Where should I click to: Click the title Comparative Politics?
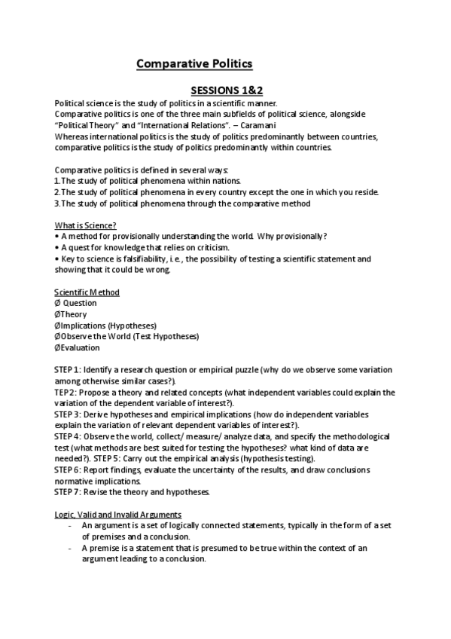point(194,64)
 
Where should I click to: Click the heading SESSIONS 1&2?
point(225,90)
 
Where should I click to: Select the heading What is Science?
point(84,225)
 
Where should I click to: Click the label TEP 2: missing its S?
point(66,392)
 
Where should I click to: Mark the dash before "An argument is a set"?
point(70,526)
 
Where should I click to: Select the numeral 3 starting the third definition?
point(57,203)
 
